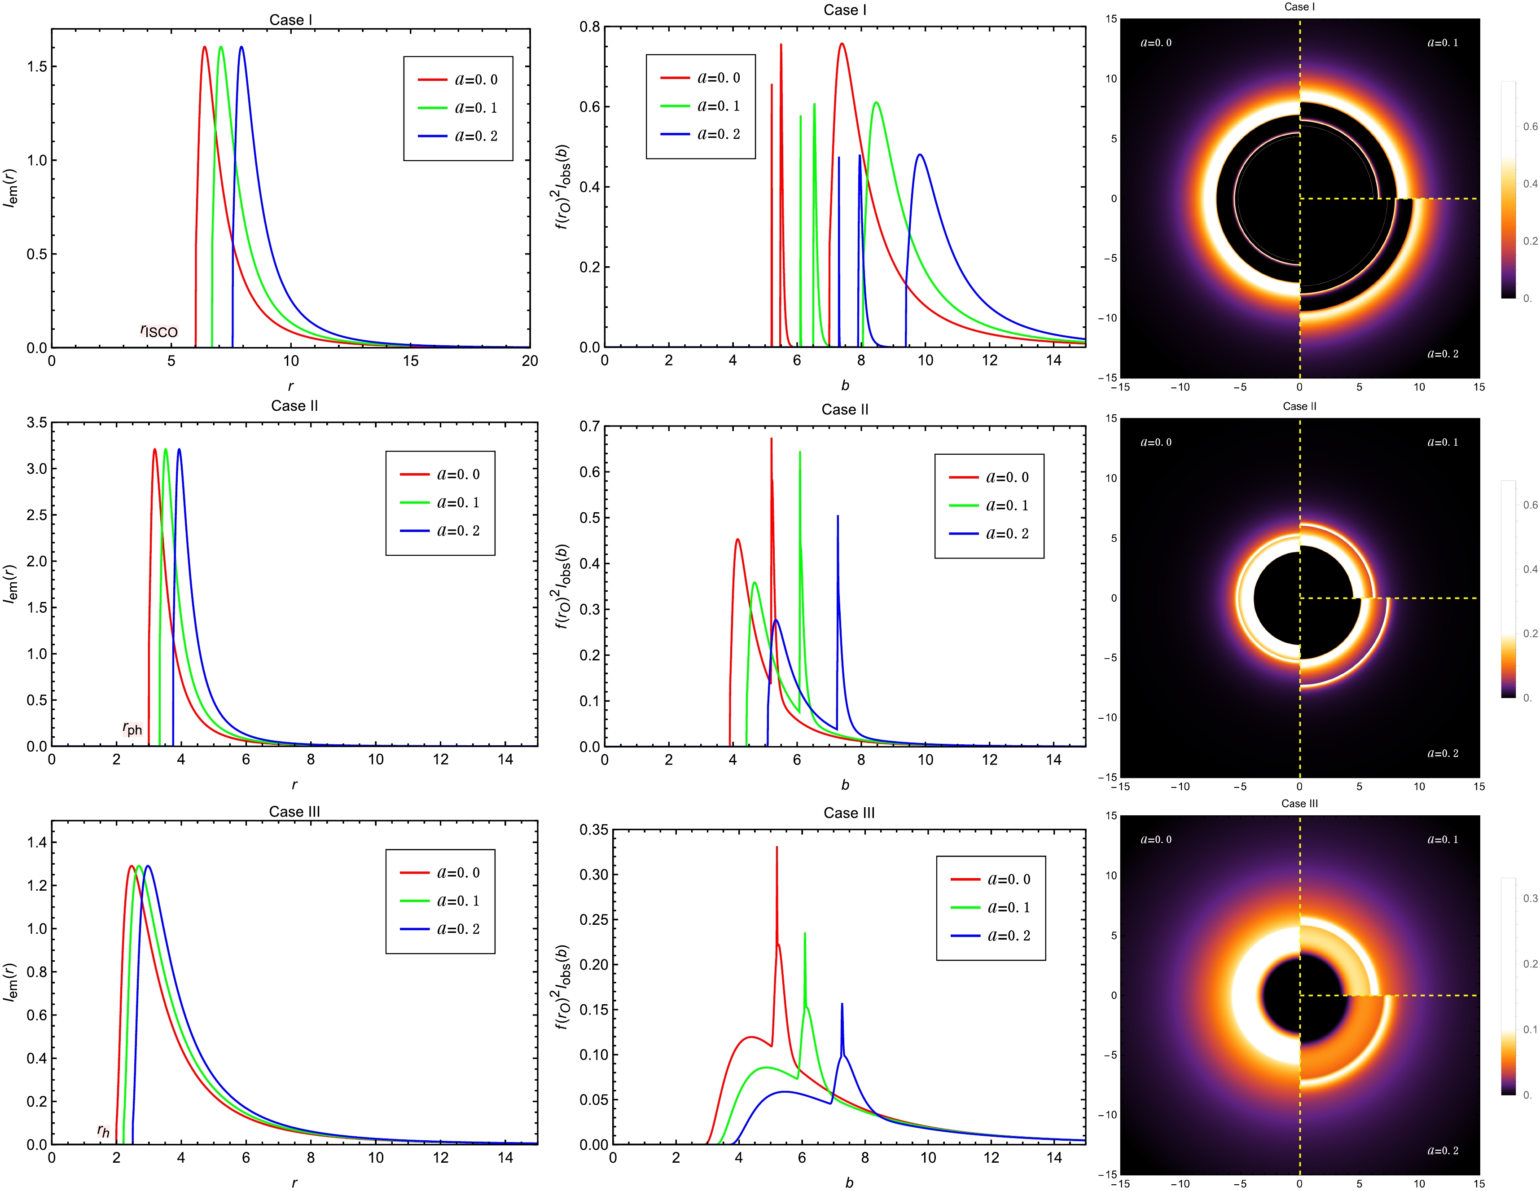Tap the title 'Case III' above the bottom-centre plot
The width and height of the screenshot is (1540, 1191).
click(849, 813)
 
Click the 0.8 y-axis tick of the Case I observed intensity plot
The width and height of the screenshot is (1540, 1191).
click(589, 27)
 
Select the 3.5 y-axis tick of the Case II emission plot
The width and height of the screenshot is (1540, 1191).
click(37, 422)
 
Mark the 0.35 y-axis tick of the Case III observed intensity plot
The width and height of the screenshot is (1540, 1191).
click(594, 830)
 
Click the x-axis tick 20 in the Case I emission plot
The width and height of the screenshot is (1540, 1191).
click(530, 361)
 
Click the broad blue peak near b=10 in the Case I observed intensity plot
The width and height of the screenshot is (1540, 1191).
click(920, 155)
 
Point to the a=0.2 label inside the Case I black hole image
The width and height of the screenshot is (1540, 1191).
click(1443, 354)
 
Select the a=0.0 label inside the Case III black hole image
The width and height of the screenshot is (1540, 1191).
click(1156, 840)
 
